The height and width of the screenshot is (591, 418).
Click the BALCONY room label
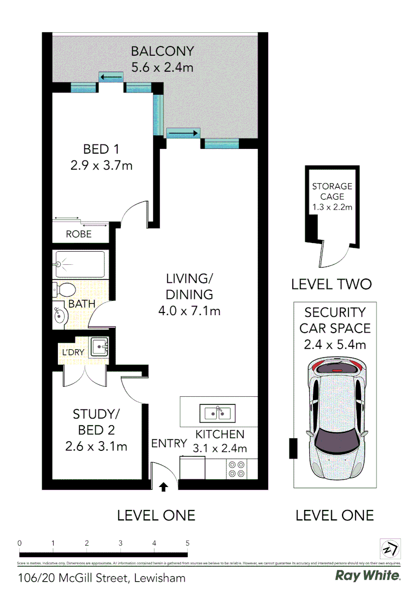click(x=162, y=51)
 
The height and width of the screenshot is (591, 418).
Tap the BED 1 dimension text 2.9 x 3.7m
click(x=102, y=165)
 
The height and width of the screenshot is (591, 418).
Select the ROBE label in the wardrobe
click(x=79, y=234)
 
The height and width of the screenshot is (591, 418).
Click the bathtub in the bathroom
click(x=80, y=264)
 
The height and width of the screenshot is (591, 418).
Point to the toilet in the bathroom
click(x=65, y=289)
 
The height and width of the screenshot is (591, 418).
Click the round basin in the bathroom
click(x=59, y=315)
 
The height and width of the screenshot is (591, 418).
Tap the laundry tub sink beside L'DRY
click(x=100, y=346)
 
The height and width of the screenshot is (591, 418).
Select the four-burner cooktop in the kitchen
click(x=236, y=470)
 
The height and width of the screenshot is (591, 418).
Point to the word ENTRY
click(x=169, y=443)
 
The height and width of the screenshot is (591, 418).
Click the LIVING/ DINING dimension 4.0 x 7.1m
click(x=189, y=311)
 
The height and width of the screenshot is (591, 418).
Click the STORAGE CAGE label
click(x=332, y=191)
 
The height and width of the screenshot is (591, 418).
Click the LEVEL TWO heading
click(x=331, y=284)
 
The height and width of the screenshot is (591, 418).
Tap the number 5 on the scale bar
click(x=187, y=543)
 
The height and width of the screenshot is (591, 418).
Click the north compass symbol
click(x=390, y=548)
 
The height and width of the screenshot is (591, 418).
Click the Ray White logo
click(x=367, y=576)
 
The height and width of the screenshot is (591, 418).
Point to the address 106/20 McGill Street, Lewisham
click(x=102, y=577)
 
